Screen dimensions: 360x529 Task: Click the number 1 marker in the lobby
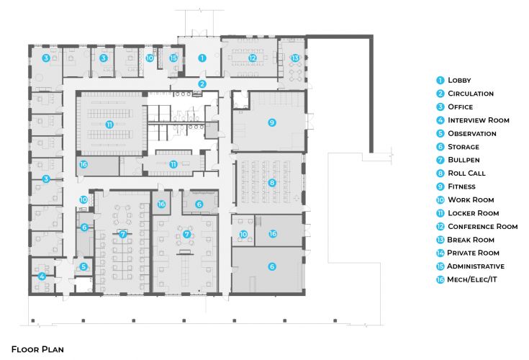pos(202,58)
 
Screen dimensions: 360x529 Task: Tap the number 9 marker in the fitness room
pos(271,123)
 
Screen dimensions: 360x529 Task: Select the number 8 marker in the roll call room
pos(271,183)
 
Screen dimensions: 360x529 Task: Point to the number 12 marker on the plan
pos(253,58)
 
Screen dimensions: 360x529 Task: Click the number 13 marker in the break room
pos(294,58)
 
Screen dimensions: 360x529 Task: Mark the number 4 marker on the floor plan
pos(42,276)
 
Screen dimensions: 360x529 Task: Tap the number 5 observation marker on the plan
pos(83,266)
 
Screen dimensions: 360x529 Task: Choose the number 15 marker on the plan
pos(173,58)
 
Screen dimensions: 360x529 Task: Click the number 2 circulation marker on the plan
pos(202,84)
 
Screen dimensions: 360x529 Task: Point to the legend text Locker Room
pos(473,213)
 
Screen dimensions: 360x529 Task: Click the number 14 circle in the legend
pos(439,253)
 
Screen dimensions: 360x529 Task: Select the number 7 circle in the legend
pos(439,160)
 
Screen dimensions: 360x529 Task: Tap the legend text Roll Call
pos(466,174)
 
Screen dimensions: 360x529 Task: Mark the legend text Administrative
pos(476,266)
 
